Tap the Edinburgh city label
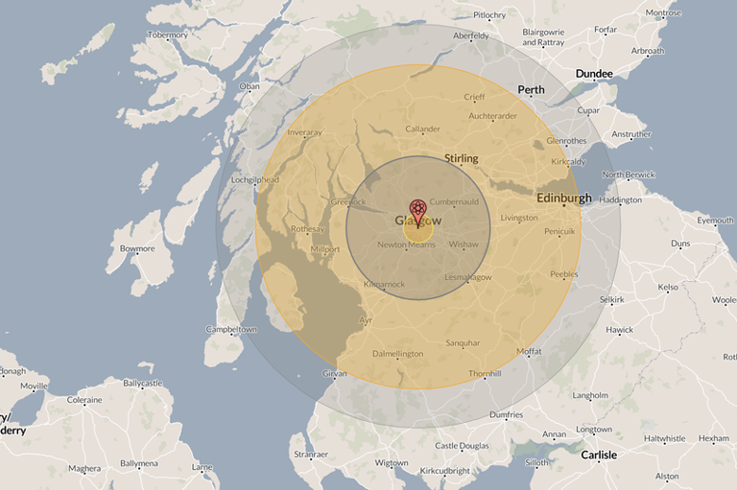[x=563, y=198]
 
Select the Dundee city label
[x=595, y=73]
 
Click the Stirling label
[x=461, y=158]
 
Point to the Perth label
[x=531, y=90]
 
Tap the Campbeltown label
[x=230, y=330]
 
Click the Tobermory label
[x=167, y=35]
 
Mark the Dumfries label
[x=505, y=415]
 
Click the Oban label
[x=249, y=86]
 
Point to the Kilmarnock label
[x=385, y=284]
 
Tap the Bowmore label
[x=137, y=249]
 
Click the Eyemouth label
[x=715, y=221]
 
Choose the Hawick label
[x=619, y=330]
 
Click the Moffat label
[x=528, y=352]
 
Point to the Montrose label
[x=663, y=13]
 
